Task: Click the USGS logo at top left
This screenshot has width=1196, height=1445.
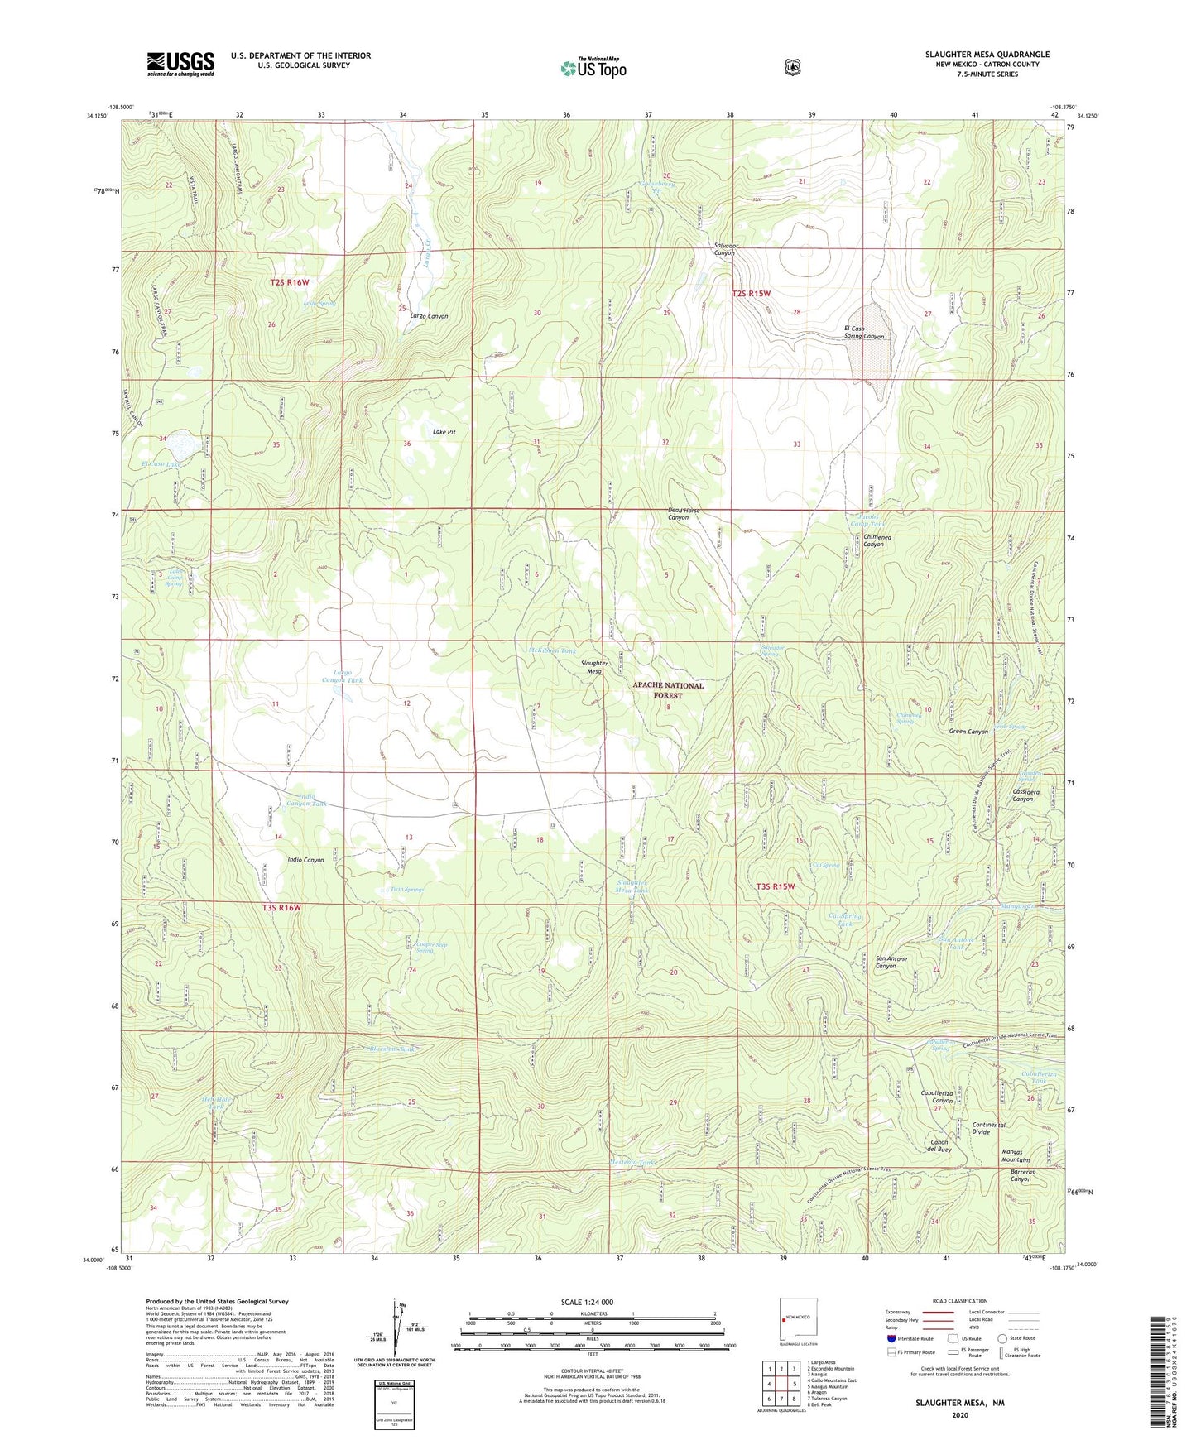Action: coord(180,64)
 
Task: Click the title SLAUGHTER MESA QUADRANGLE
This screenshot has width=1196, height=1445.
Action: coord(987,54)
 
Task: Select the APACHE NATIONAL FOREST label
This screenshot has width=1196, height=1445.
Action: coord(668,690)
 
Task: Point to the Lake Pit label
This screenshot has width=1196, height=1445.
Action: coord(444,432)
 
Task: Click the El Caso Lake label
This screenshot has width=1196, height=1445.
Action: coord(161,464)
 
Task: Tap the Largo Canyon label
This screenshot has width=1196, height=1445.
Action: coord(429,316)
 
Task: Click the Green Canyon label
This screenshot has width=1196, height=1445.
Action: coord(968,732)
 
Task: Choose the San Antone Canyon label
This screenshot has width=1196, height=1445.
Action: coord(891,962)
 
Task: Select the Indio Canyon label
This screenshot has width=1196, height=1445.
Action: coord(305,860)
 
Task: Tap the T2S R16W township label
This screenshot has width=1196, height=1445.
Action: coord(290,282)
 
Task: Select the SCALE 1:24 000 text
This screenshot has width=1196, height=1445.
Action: coord(587,1302)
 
